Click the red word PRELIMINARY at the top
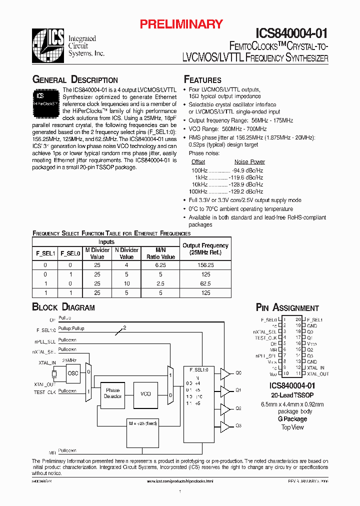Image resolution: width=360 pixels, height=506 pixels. [180, 23]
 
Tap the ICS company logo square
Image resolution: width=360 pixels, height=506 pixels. [48, 45]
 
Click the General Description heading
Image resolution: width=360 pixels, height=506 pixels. [75, 80]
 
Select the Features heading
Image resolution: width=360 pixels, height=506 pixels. [202, 80]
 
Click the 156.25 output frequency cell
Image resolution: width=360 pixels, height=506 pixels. [205, 265]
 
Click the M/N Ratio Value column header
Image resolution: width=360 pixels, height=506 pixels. [160, 253]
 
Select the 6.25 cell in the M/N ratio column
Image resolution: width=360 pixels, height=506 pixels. [160, 265]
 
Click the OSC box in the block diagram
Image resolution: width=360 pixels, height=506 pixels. [73, 372]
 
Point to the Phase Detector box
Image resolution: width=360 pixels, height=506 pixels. [112, 393]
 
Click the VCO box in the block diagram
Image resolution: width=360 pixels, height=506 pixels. [145, 393]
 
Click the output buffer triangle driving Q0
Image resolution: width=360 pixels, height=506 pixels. [224, 373]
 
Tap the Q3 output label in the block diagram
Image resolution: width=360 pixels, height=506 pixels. [238, 425]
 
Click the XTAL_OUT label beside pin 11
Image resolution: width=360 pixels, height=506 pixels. [318, 373]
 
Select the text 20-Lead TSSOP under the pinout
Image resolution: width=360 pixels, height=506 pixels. [292, 394]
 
